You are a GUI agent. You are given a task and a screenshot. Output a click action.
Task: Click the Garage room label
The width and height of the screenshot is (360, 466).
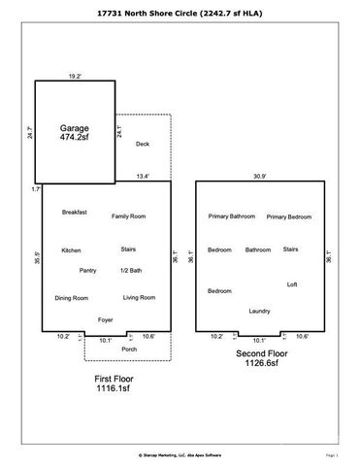point(73,128)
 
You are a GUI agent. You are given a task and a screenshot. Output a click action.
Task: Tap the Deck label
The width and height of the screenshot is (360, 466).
point(143,144)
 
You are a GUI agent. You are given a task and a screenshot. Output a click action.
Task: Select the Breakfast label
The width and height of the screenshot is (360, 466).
point(75,212)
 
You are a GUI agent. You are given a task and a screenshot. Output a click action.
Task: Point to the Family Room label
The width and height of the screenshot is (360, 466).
point(128,216)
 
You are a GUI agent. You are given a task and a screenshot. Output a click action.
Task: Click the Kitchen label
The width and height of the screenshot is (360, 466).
point(71,250)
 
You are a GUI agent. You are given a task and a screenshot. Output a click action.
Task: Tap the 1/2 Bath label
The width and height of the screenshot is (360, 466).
point(131,270)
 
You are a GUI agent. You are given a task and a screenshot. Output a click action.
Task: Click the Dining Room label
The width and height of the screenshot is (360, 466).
point(71,298)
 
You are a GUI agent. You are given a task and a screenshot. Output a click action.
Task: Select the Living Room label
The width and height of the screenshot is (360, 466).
point(139,297)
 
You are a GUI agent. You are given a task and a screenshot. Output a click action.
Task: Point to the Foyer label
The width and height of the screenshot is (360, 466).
point(106,319)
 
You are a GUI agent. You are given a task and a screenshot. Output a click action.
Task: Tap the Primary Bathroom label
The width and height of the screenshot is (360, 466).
point(231,216)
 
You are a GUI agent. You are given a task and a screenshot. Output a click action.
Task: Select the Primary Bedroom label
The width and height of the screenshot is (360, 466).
point(289,216)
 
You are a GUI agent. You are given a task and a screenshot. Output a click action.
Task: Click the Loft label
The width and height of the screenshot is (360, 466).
point(292,284)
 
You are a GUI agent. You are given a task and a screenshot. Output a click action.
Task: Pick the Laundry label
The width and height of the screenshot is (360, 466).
point(259,311)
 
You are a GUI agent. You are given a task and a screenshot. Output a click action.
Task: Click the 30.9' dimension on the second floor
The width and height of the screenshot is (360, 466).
point(259,175)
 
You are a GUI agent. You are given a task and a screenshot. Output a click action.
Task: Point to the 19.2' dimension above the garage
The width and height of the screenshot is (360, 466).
point(74,74)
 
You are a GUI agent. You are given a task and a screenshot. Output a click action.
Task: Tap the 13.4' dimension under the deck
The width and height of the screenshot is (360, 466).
point(142,176)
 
